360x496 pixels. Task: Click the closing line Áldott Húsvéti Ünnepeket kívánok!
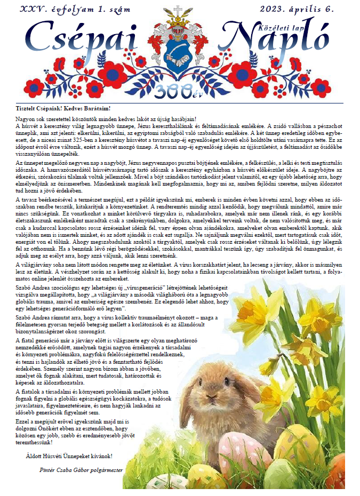(69, 457)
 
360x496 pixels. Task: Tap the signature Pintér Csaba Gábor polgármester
(81, 470)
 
